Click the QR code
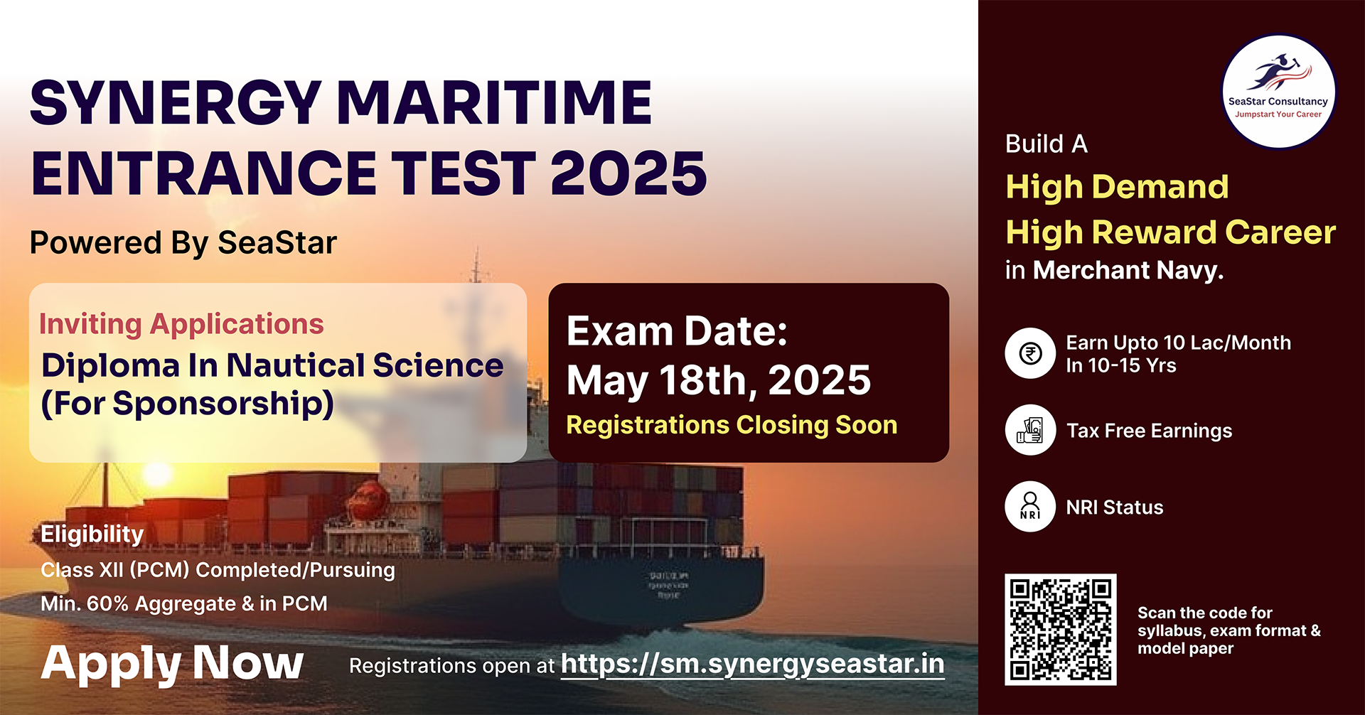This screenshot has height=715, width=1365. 1060,630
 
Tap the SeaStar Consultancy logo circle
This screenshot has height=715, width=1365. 1278,92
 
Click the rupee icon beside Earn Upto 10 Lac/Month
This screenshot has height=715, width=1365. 1030,353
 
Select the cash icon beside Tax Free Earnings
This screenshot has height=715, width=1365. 1030,430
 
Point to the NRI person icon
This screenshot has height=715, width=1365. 1030,507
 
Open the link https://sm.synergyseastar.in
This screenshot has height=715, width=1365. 753,665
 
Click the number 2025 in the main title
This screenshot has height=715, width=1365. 628,173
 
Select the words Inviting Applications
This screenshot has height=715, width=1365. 181,324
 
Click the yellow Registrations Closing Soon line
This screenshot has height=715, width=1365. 732,425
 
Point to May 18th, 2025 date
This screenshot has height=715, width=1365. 719,380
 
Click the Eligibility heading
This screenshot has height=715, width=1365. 92,534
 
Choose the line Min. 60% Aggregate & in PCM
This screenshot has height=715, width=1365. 184,603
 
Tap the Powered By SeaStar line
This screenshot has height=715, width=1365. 183,243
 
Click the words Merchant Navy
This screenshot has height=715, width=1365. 1128,270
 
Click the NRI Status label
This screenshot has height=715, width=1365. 1115,507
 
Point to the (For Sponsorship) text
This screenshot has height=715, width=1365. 188,404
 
